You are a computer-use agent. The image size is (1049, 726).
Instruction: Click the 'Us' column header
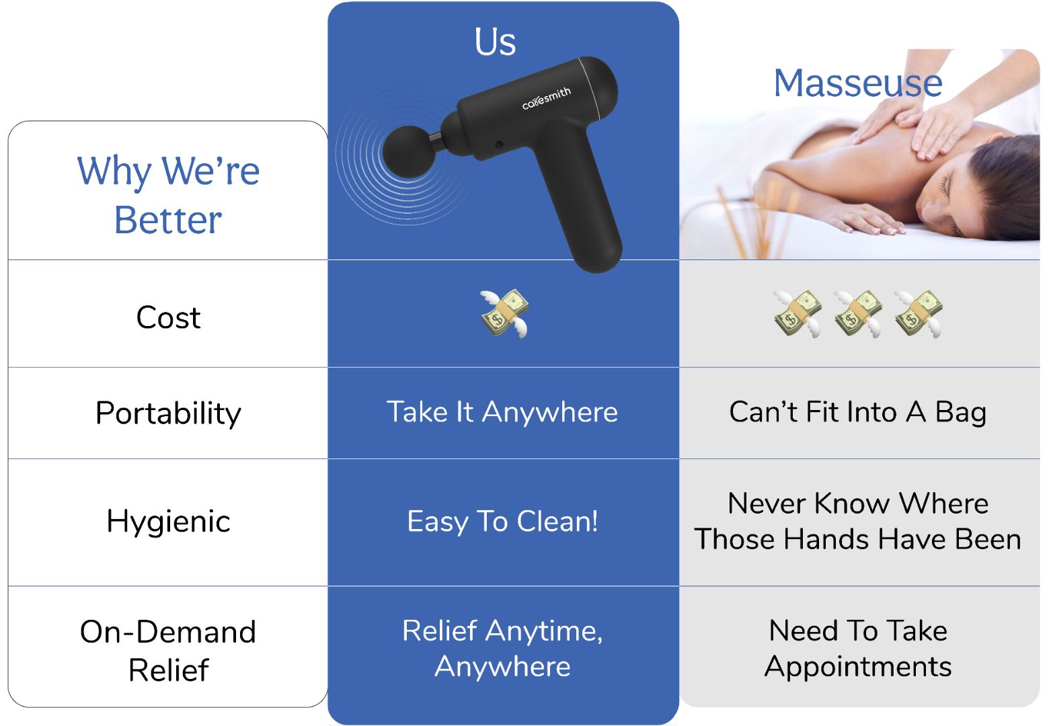point(495,42)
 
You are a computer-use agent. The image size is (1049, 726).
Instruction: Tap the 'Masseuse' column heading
point(858,83)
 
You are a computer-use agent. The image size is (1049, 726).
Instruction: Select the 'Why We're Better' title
point(168,195)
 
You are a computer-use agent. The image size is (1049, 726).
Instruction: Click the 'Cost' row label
point(168,317)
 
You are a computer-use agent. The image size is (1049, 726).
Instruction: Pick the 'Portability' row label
point(168,414)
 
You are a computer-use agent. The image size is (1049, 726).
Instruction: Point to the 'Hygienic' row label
point(168,522)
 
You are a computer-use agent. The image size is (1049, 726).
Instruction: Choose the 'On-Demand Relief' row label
point(168,651)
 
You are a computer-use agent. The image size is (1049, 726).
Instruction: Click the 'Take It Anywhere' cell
point(502,412)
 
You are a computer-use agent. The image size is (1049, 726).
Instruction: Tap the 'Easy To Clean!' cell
point(502,522)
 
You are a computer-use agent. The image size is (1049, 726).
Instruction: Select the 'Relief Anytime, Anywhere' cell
point(502,648)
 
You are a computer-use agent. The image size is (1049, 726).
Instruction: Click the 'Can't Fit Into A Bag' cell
point(858,412)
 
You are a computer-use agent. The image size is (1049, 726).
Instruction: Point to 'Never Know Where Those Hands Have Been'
point(858,521)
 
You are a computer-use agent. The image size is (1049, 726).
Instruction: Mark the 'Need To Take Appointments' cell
point(858,648)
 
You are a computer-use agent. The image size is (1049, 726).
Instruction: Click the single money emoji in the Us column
point(504,313)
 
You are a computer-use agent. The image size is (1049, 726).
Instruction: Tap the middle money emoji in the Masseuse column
point(857,314)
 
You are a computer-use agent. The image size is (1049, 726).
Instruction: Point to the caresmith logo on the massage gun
point(547,98)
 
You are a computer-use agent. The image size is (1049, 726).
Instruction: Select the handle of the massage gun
point(581,206)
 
